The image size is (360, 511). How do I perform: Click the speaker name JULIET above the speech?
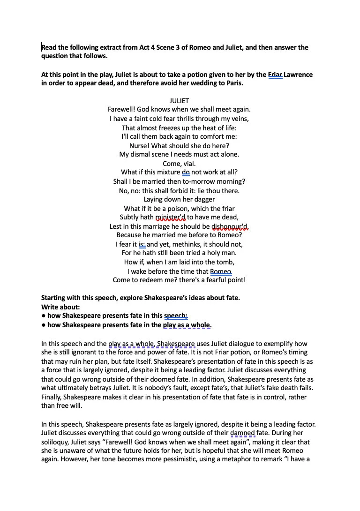[179, 101]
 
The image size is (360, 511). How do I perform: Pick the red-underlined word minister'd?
[171, 217]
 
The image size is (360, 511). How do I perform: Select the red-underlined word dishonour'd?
[230, 226]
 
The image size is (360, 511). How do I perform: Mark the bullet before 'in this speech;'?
[43, 316]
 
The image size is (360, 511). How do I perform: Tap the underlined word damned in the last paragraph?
[243, 433]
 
